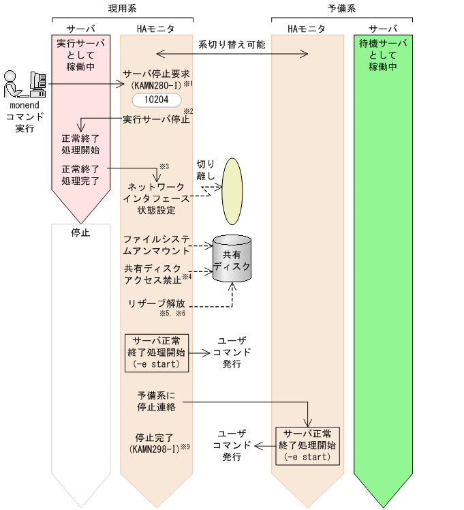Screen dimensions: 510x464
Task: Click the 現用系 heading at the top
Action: [x=122, y=8]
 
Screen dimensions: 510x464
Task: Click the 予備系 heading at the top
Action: [x=342, y=8]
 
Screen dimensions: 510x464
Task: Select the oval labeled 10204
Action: [x=157, y=100]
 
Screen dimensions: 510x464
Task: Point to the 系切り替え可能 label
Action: [x=232, y=45]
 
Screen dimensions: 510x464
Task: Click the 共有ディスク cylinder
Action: [x=232, y=259]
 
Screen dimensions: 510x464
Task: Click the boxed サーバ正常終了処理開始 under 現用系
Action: [x=157, y=352]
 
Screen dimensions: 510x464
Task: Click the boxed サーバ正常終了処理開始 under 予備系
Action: [x=307, y=445]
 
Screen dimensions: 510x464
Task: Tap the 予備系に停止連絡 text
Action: [x=156, y=402]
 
